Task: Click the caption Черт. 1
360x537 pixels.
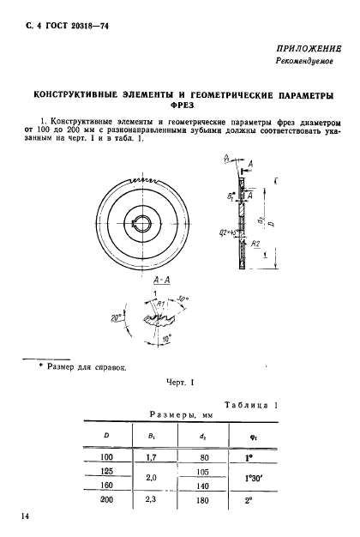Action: pyautogui.click(x=179, y=385)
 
